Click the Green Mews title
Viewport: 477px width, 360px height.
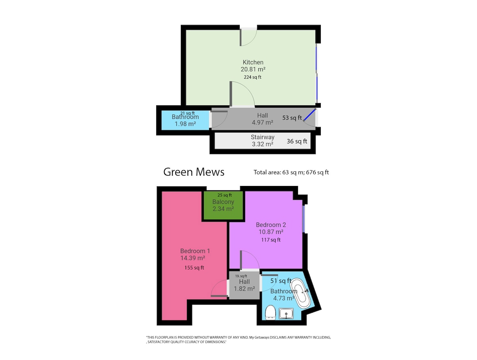(x=194, y=172)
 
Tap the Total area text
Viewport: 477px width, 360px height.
(x=291, y=172)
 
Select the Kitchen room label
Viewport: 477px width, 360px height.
(x=253, y=62)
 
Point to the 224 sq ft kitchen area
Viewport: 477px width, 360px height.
(x=252, y=77)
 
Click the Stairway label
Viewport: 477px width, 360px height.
(x=262, y=137)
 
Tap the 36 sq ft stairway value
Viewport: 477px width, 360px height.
(x=297, y=141)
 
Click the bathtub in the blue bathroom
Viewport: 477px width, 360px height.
(x=301, y=293)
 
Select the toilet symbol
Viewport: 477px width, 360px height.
(x=271, y=312)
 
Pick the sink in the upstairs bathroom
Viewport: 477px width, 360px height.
(x=286, y=314)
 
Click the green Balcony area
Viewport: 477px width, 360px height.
(x=223, y=205)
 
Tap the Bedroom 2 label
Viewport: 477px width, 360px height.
(x=271, y=225)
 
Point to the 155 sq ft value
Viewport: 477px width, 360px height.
(x=194, y=268)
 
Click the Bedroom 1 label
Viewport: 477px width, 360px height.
(x=195, y=251)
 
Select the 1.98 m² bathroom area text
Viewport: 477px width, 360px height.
(x=185, y=124)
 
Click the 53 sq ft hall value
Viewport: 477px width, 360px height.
(x=292, y=118)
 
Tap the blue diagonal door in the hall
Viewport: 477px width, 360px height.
(x=310, y=115)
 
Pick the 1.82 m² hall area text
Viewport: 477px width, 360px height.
(x=244, y=288)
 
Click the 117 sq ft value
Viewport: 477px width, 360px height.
(x=271, y=240)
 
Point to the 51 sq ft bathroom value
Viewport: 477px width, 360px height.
(x=281, y=281)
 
